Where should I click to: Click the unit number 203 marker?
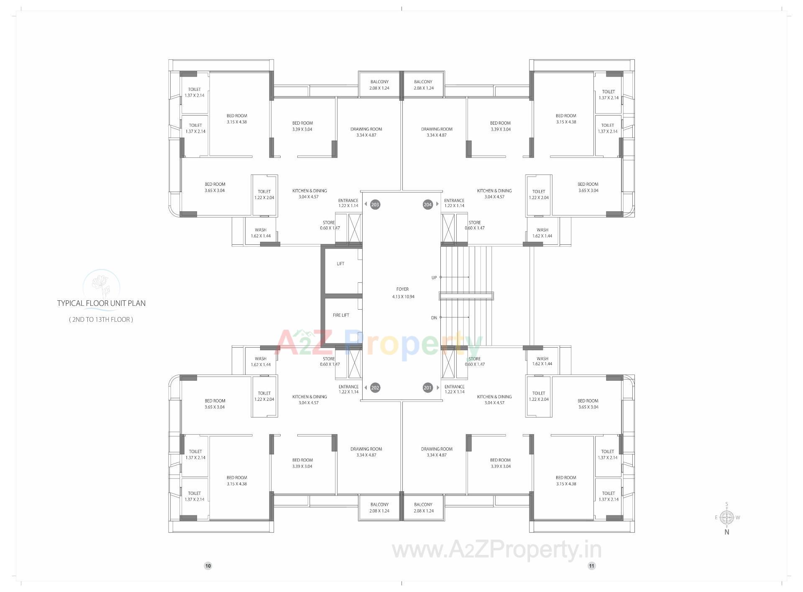(x=375, y=205)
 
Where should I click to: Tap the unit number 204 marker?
(x=427, y=205)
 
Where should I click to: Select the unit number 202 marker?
(x=375, y=388)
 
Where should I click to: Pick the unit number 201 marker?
(x=427, y=388)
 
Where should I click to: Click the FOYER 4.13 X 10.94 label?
(x=403, y=293)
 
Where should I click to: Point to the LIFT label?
(x=340, y=264)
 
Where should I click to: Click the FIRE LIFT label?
(x=341, y=315)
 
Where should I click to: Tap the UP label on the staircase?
(x=434, y=278)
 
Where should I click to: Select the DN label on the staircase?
(x=434, y=318)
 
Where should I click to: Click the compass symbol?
(x=727, y=518)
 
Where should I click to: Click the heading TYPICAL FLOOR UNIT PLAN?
(x=101, y=303)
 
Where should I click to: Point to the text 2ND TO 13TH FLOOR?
(x=101, y=320)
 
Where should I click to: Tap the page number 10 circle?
(x=208, y=566)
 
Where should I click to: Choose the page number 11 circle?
(x=591, y=566)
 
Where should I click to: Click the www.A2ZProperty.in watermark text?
(x=496, y=550)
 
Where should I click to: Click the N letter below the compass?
(x=727, y=532)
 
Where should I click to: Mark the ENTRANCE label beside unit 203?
(x=348, y=203)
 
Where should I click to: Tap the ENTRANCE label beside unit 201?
(x=455, y=389)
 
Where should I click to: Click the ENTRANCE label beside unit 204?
(x=454, y=203)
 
